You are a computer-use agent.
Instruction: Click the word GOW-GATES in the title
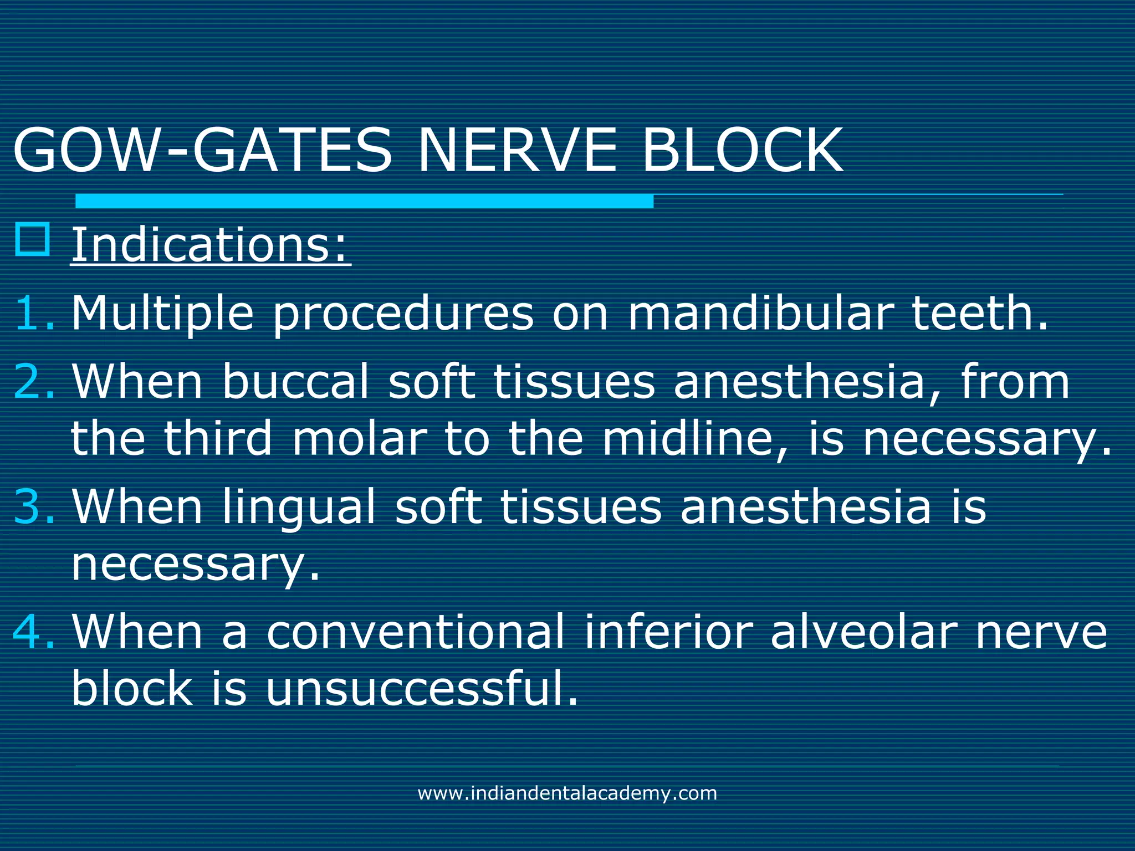tap(202, 151)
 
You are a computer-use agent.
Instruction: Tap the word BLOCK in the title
tap(743, 151)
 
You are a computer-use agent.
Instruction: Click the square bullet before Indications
tap(33, 239)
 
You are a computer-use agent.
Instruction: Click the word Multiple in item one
tap(162, 314)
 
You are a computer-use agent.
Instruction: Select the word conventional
tap(415, 631)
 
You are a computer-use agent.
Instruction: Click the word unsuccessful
tap(421, 688)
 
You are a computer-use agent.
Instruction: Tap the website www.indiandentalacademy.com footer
tap(567, 793)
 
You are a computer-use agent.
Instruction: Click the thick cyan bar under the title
tap(364, 201)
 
